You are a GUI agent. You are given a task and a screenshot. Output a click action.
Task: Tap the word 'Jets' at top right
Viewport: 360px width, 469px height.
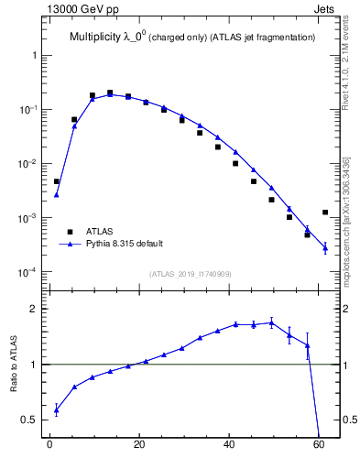pos(325,10)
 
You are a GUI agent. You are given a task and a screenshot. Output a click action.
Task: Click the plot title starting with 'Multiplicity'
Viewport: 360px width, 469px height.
pos(192,38)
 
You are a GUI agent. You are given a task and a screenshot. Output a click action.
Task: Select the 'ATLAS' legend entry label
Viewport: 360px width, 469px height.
pos(100,232)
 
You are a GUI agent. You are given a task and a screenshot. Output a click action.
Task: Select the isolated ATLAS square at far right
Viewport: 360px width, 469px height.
pos(325,213)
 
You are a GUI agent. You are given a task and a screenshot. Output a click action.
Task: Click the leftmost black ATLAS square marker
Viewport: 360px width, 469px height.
pos(56,181)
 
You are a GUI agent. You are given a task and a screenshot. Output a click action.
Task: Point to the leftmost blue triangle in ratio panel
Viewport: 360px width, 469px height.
pos(56,409)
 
